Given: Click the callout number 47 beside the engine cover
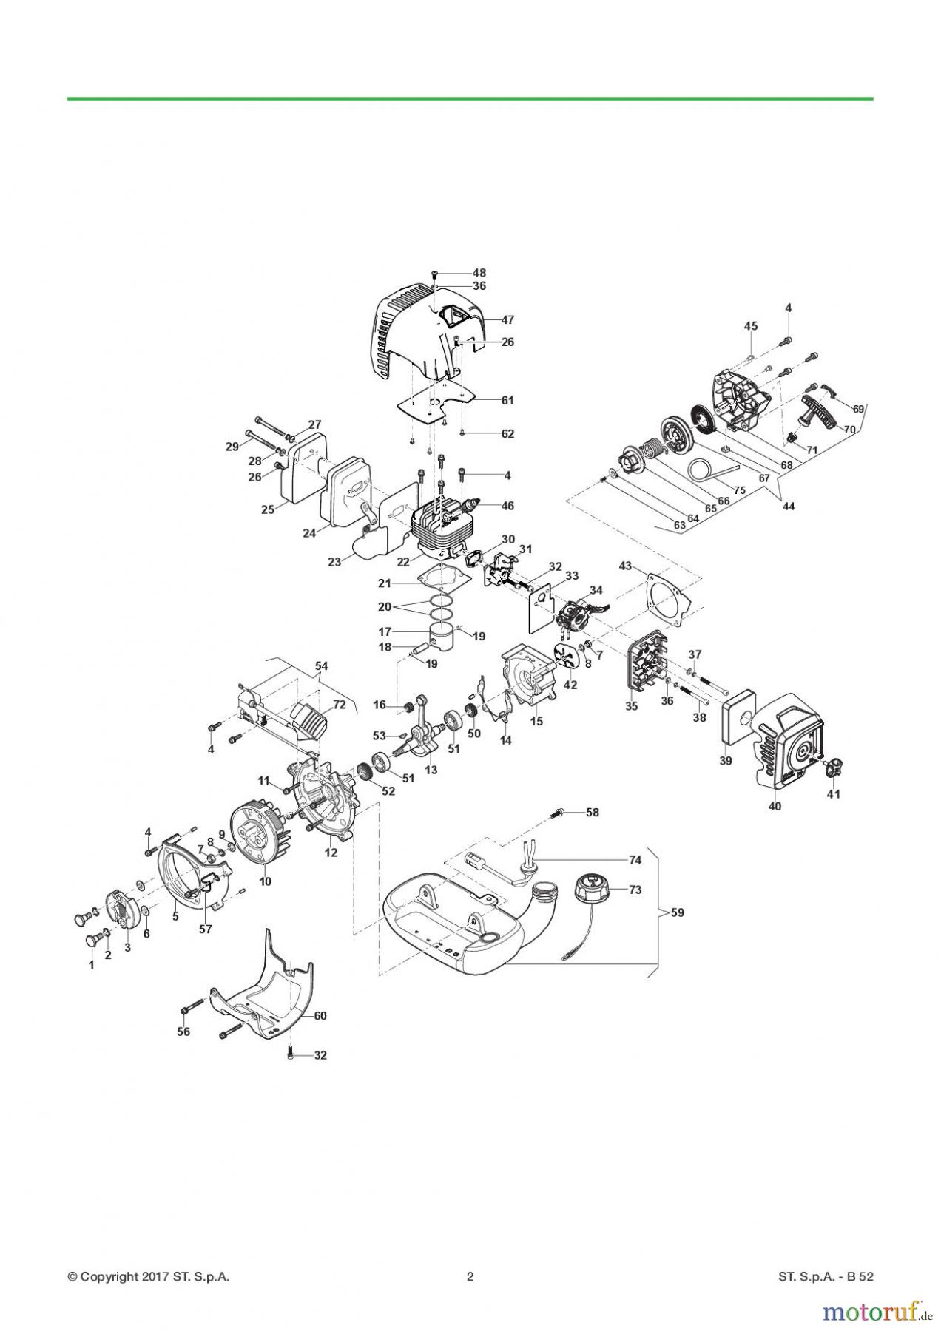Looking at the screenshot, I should click(x=507, y=320).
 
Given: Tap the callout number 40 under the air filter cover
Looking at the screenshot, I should click(x=775, y=807).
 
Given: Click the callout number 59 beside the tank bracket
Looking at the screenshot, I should click(x=676, y=912).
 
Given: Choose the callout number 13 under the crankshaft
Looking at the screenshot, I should click(x=431, y=770).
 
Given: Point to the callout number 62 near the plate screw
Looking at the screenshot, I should click(x=507, y=434).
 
